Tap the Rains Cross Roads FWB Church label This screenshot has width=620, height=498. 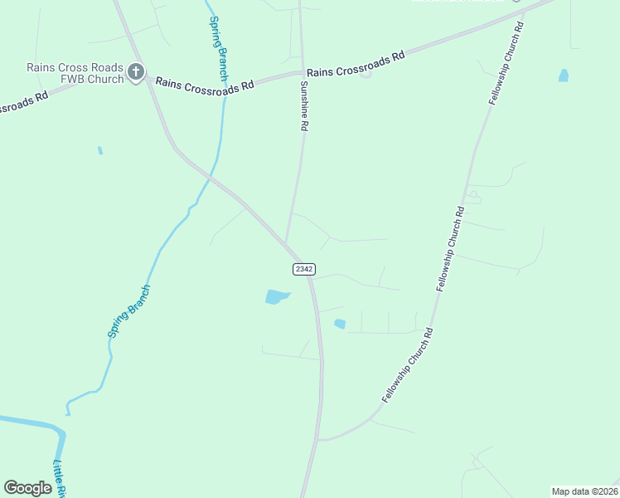coord(75,73)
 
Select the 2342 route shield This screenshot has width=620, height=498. coord(303,268)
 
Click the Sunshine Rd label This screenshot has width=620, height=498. coord(304,106)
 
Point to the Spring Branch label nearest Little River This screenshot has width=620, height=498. coord(129,311)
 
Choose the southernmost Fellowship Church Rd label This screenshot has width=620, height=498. coord(407,366)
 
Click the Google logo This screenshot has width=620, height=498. coord(28,488)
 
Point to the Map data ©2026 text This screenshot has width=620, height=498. coord(584,491)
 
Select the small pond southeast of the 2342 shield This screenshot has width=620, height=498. coord(339,324)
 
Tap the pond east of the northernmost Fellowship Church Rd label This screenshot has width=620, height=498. coord(564,76)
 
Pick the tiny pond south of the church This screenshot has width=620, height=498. coord(100,150)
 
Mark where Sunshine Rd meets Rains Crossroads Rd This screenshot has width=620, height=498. coord(301,74)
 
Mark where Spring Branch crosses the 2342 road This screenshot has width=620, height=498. coord(211,177)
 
